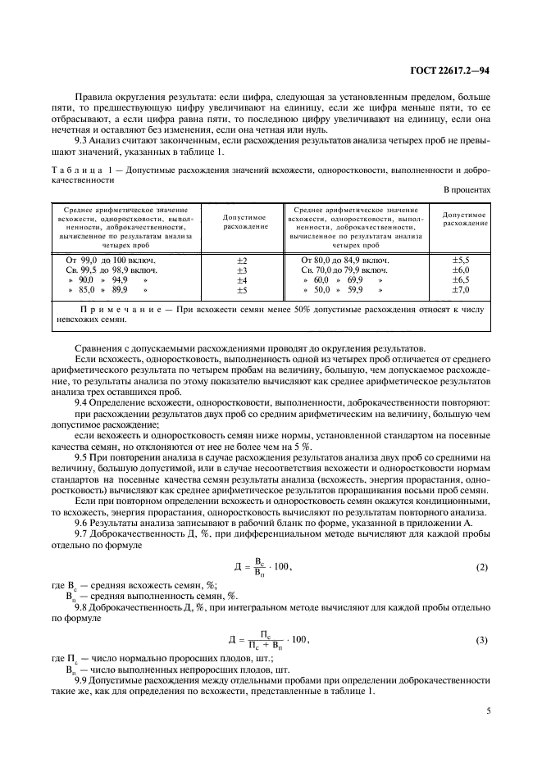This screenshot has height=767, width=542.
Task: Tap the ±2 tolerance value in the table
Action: (242, 260)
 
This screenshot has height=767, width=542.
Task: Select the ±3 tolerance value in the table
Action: (242, 270)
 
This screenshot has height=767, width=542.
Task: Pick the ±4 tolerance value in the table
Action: (242, 279)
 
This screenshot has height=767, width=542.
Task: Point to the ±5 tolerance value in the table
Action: (242, 289)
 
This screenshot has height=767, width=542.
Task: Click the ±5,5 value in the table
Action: (461, 260)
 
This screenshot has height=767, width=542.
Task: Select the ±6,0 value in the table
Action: (461, 270)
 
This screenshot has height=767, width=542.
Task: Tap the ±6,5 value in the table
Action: (461, 279)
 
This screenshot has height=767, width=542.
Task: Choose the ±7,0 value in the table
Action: (461, 289)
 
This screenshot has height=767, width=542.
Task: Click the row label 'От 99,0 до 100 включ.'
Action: (111, 260)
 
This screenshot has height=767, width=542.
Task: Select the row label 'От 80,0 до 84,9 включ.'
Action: (345, 260)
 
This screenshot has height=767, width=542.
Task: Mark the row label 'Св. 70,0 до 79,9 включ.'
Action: (344, 270)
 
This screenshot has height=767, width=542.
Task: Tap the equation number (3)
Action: (482, 638)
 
